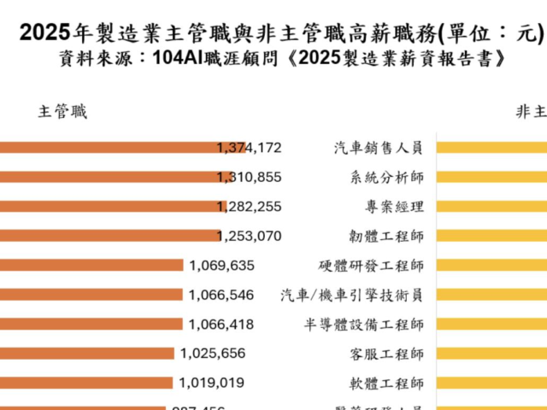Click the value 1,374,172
[x=250, y=148]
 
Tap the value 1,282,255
[x=250, y=207]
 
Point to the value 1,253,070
[x=250, y=236]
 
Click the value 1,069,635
[x=222, y=266]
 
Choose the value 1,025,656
[x=213, y=354]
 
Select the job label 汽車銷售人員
[x=379, y=148]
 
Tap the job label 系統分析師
[x=387, y=177]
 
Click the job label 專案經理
[x=394, y=207]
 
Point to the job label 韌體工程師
[x=387, y=236]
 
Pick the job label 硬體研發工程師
[x=371, y=266]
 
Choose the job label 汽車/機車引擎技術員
[x=352, y=295]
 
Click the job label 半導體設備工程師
[x=363, y=325]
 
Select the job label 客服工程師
[x=387, y=354]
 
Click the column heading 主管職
[x=62, y=112]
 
